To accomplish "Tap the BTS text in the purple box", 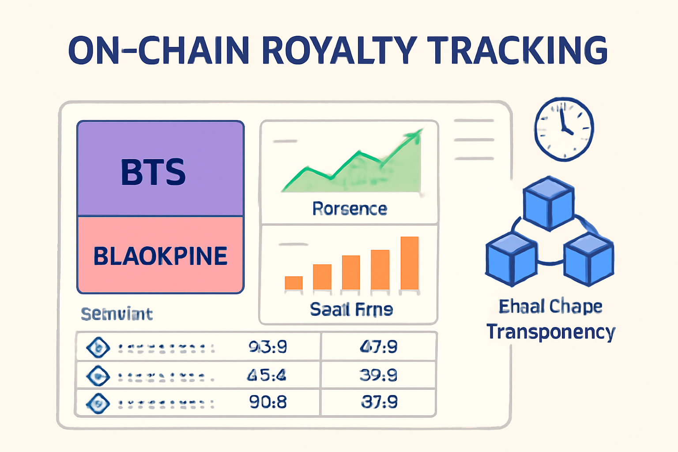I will point(153,172).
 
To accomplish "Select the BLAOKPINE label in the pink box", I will point(160,256).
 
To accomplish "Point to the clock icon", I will point(564,128).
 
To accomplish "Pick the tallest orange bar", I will point(409,263).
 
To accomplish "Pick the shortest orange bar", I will point(294,282).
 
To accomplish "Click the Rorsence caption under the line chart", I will point(350,209).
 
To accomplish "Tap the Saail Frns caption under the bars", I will point(351,309).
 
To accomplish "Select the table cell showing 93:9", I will point(268,347).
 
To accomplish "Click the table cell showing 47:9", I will point(378,347).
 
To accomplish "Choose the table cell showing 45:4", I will point(267,375).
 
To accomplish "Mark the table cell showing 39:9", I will point(378,375).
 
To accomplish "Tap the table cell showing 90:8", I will point(268,402).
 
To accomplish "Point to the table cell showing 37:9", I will point(379,402).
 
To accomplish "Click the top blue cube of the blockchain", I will point(549,203).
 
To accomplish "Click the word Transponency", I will point(550,332).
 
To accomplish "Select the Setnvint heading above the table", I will point(117,314).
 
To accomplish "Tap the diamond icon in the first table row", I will point(98,347).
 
